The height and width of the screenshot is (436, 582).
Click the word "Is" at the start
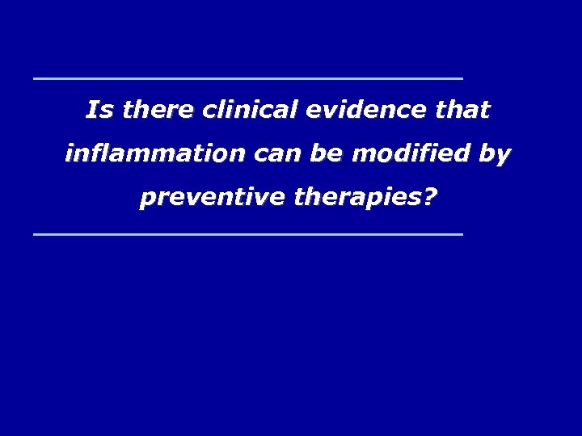click(x=98, y=110)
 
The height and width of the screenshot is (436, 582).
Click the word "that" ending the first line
click(x=465, y=110)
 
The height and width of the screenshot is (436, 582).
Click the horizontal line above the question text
click(x=247, y=78)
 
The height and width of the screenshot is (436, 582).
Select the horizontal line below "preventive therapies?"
click(x=247, y=234)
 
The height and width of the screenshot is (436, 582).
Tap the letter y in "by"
click(x=501, y=156)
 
